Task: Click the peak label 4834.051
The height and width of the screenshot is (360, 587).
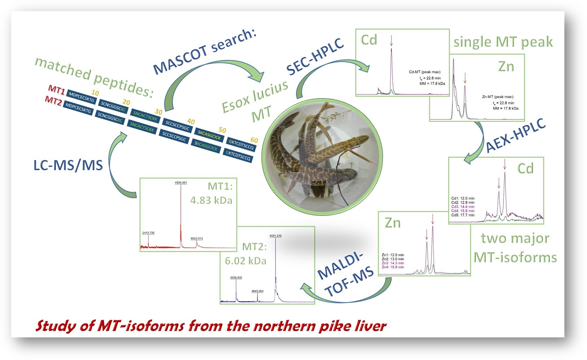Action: (181, 182)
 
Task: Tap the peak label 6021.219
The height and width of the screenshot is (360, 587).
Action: (276, 236)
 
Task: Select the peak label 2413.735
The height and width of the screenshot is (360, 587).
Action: (148, 233)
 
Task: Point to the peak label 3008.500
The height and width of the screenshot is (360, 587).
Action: (236, 277)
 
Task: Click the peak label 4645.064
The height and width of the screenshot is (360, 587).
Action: (257, 291)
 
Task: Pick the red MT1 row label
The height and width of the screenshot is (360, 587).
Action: (57, 90)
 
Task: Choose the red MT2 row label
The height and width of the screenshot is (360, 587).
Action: (54, 101)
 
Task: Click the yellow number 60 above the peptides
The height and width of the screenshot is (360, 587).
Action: (254, 140)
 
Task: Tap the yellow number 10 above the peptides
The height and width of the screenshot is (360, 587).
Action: (95, 93)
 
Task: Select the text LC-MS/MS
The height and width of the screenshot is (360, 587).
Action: (68, 166)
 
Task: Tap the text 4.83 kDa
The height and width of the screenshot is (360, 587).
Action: (211, 201)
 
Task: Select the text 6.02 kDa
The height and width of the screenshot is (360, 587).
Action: (246, 261)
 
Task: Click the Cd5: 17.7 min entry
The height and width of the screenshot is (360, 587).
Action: (463, 215)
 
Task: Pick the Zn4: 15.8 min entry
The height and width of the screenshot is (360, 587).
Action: (393, 267)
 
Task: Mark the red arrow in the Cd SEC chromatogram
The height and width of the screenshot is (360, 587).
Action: (391, 41)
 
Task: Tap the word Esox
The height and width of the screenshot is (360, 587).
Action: (235, 102)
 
